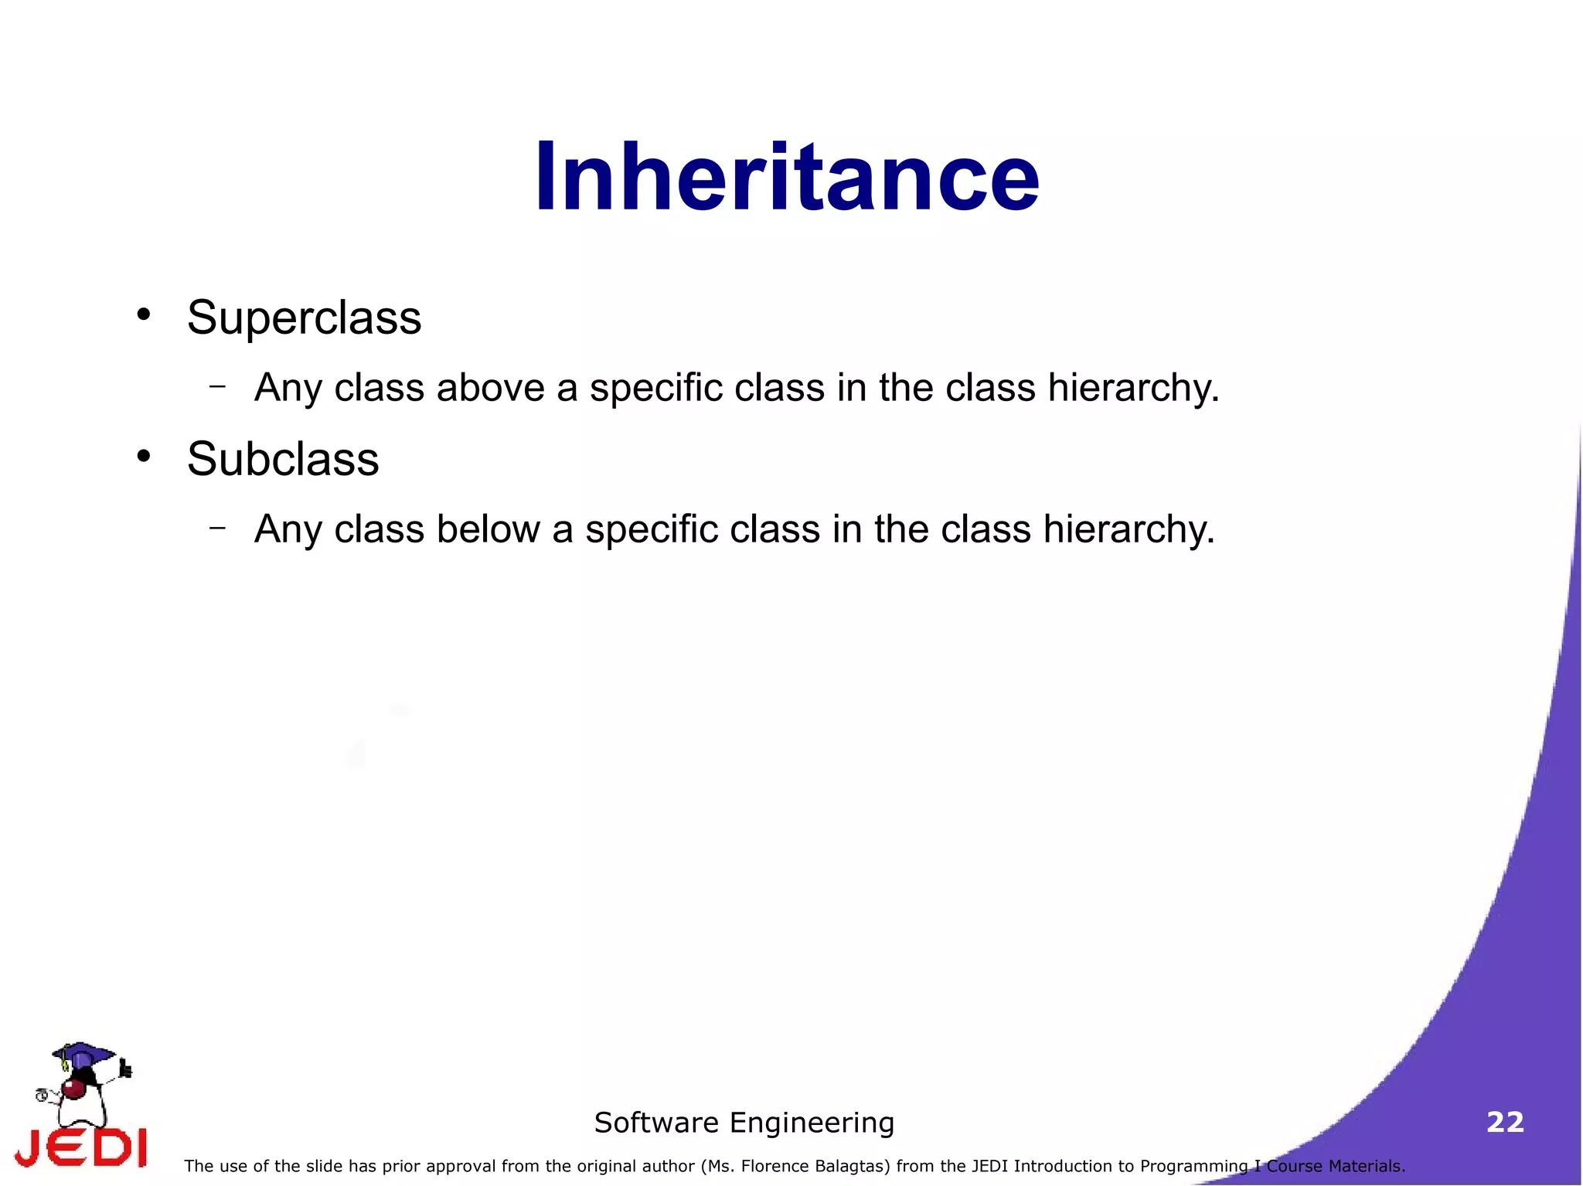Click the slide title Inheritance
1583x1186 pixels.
pos(787,178)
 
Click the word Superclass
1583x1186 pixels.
pos(304,318)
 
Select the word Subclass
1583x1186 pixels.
pos(283,459)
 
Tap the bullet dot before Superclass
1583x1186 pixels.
pos(143,314)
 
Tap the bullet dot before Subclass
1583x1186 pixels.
pos(143,456)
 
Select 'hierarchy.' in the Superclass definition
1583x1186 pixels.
pos(1133,388)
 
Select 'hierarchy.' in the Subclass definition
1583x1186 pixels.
pos(1129,530)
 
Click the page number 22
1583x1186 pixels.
pos(1505,1122)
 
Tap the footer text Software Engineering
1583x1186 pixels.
pos(744,1123)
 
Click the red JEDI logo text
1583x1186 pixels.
pos(81,1147)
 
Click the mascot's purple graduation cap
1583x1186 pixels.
pos(83,1052)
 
